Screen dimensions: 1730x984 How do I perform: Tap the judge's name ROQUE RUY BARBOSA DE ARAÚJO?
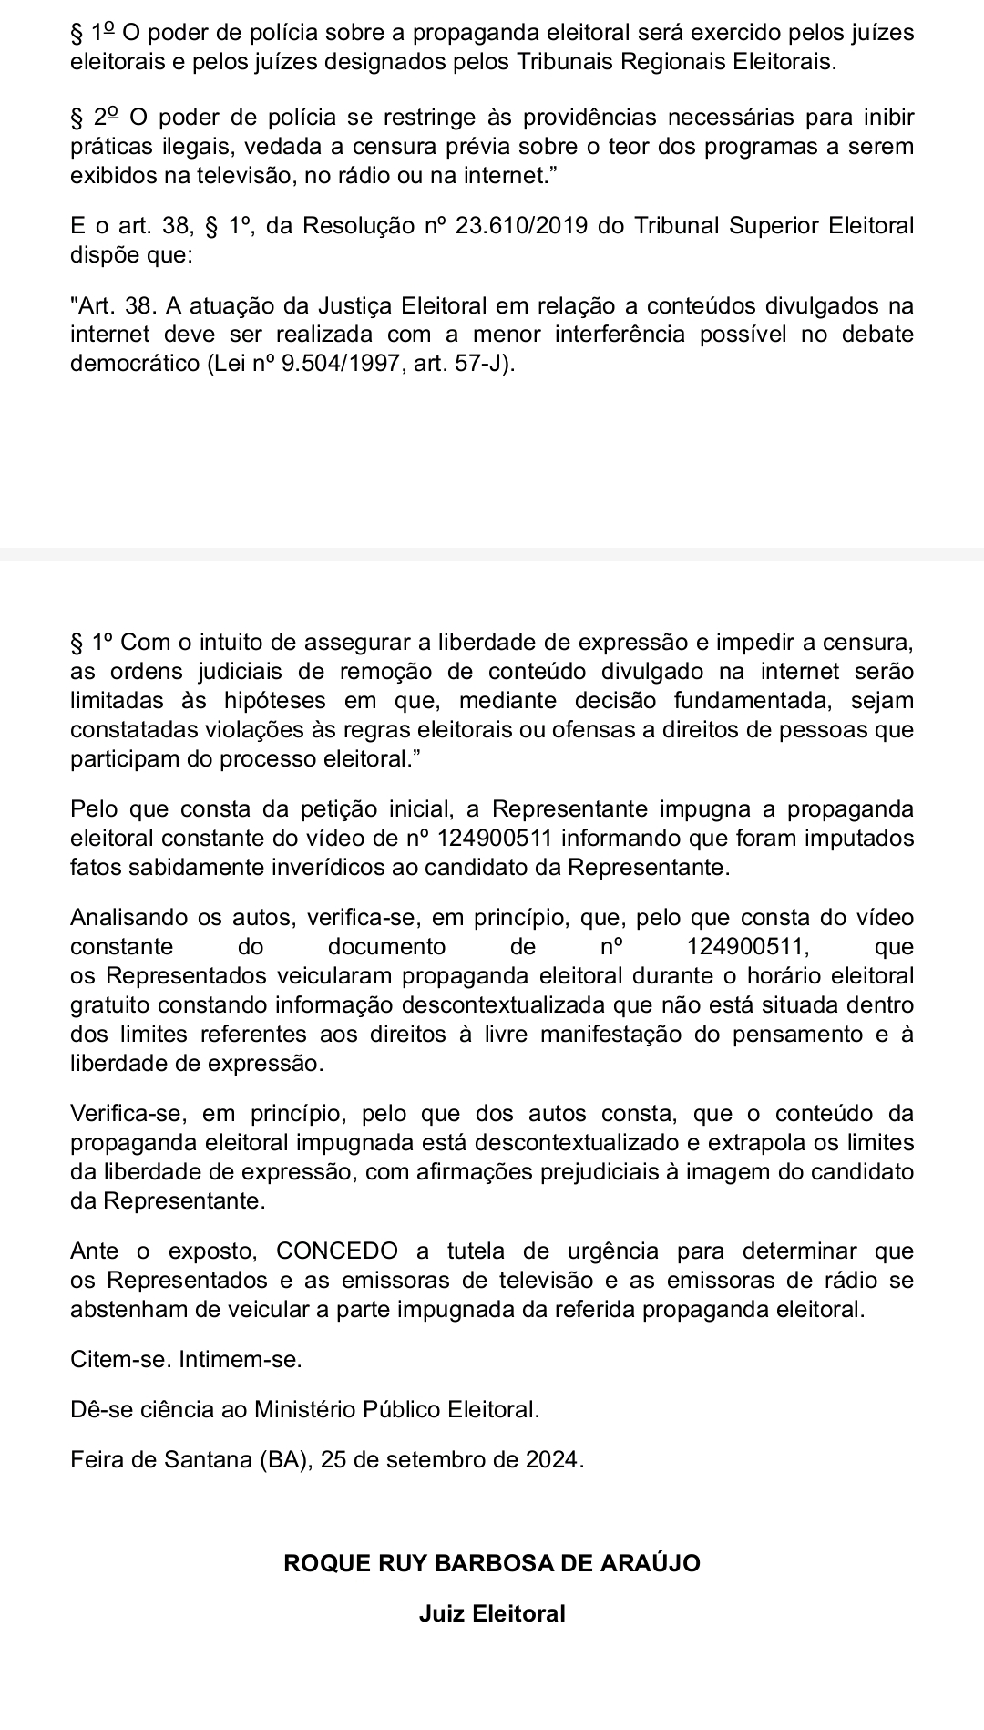(492, 1562)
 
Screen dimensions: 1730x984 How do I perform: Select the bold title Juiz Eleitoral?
(492, 1613)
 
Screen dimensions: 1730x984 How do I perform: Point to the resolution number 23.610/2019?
(519, 225)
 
